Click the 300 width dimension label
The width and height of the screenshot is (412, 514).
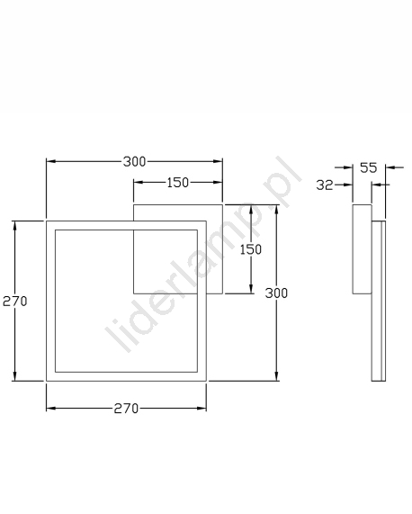point(134,162)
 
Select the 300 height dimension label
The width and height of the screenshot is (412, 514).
point(276,293)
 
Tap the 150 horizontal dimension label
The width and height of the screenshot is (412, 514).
point(178,183)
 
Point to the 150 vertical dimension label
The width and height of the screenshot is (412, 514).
point(251,249)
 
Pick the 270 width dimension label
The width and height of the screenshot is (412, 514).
point(126,409)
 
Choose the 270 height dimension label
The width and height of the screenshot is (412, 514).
point(14,301)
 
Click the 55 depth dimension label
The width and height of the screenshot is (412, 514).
point(369,167)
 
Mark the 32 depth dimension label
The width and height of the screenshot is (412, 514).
point(325,185)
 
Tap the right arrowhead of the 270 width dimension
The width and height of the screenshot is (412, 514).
point(202,408)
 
